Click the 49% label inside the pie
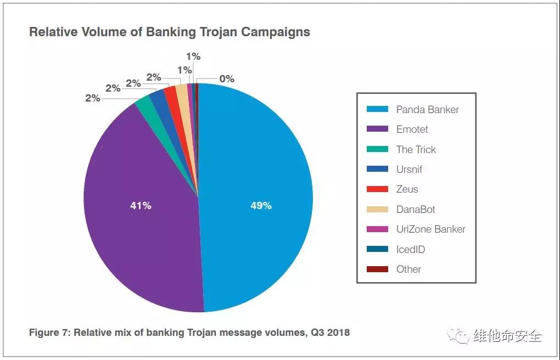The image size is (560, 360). point(261,206)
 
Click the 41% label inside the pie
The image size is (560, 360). point(141,206)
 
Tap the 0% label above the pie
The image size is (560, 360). point(227,79)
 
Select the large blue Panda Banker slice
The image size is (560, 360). point(258,165)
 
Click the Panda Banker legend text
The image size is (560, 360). point(427,109)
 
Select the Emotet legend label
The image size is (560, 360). point(412,130)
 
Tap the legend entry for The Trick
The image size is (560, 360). point(416,149)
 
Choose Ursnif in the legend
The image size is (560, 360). point(409,170)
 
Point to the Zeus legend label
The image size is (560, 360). point(407,189)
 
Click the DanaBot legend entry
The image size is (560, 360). point(416,209)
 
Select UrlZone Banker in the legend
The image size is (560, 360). point(430,229)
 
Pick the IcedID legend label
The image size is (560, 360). point(410,249)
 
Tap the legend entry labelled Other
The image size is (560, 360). point(408,269)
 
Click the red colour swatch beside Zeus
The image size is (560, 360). point(377,189)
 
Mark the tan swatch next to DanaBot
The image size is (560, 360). point(377,209)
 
